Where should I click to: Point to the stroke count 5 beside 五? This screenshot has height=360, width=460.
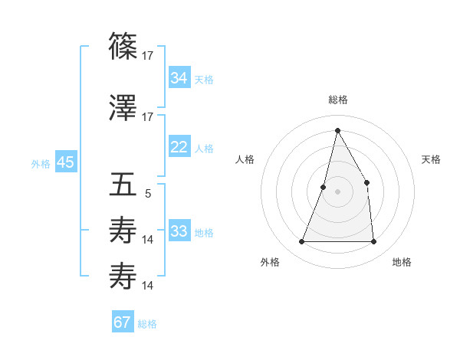pyautogui.click(x=148, y=193)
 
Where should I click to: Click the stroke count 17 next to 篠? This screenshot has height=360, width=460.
pyautogui.click(x=148, y=55)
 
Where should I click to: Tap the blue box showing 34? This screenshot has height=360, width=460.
pyautogui.click(x=179, y=77)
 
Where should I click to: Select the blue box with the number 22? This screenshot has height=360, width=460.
pyautogui.click(x=179, y=147)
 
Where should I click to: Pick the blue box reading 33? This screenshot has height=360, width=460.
pyautogui.click(x=179, y=231)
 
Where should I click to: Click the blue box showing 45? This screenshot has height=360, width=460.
pyautogui.click(x=65, y=162)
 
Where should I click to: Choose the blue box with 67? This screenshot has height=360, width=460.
pyautogui.click(x=123, y=322)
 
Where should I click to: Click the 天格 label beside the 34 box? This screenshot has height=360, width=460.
pyautogui.click(x=204, y=79)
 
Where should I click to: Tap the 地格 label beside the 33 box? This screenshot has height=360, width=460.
pyautogui.click(x=204, y=233)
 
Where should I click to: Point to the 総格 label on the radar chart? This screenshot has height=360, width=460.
pyautogui.click(x=337, y=100)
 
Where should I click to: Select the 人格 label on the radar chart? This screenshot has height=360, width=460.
pyautogui.click(x=245, y=159)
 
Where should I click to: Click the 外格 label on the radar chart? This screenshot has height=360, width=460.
pyautogui.click(x=270, y=262)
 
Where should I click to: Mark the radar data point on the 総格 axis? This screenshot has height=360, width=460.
pyautogui.click(x=337, y=130)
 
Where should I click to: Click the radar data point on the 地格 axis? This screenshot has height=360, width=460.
pyautogui.click(x=374, y=242)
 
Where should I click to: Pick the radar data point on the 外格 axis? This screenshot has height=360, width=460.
pyautogui.click(x=301, y=242)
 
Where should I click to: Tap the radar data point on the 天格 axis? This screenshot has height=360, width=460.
pyautogui.click(x=367, y=182)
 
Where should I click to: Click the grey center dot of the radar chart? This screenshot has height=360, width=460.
pyautogui.click(x=337, y=191)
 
